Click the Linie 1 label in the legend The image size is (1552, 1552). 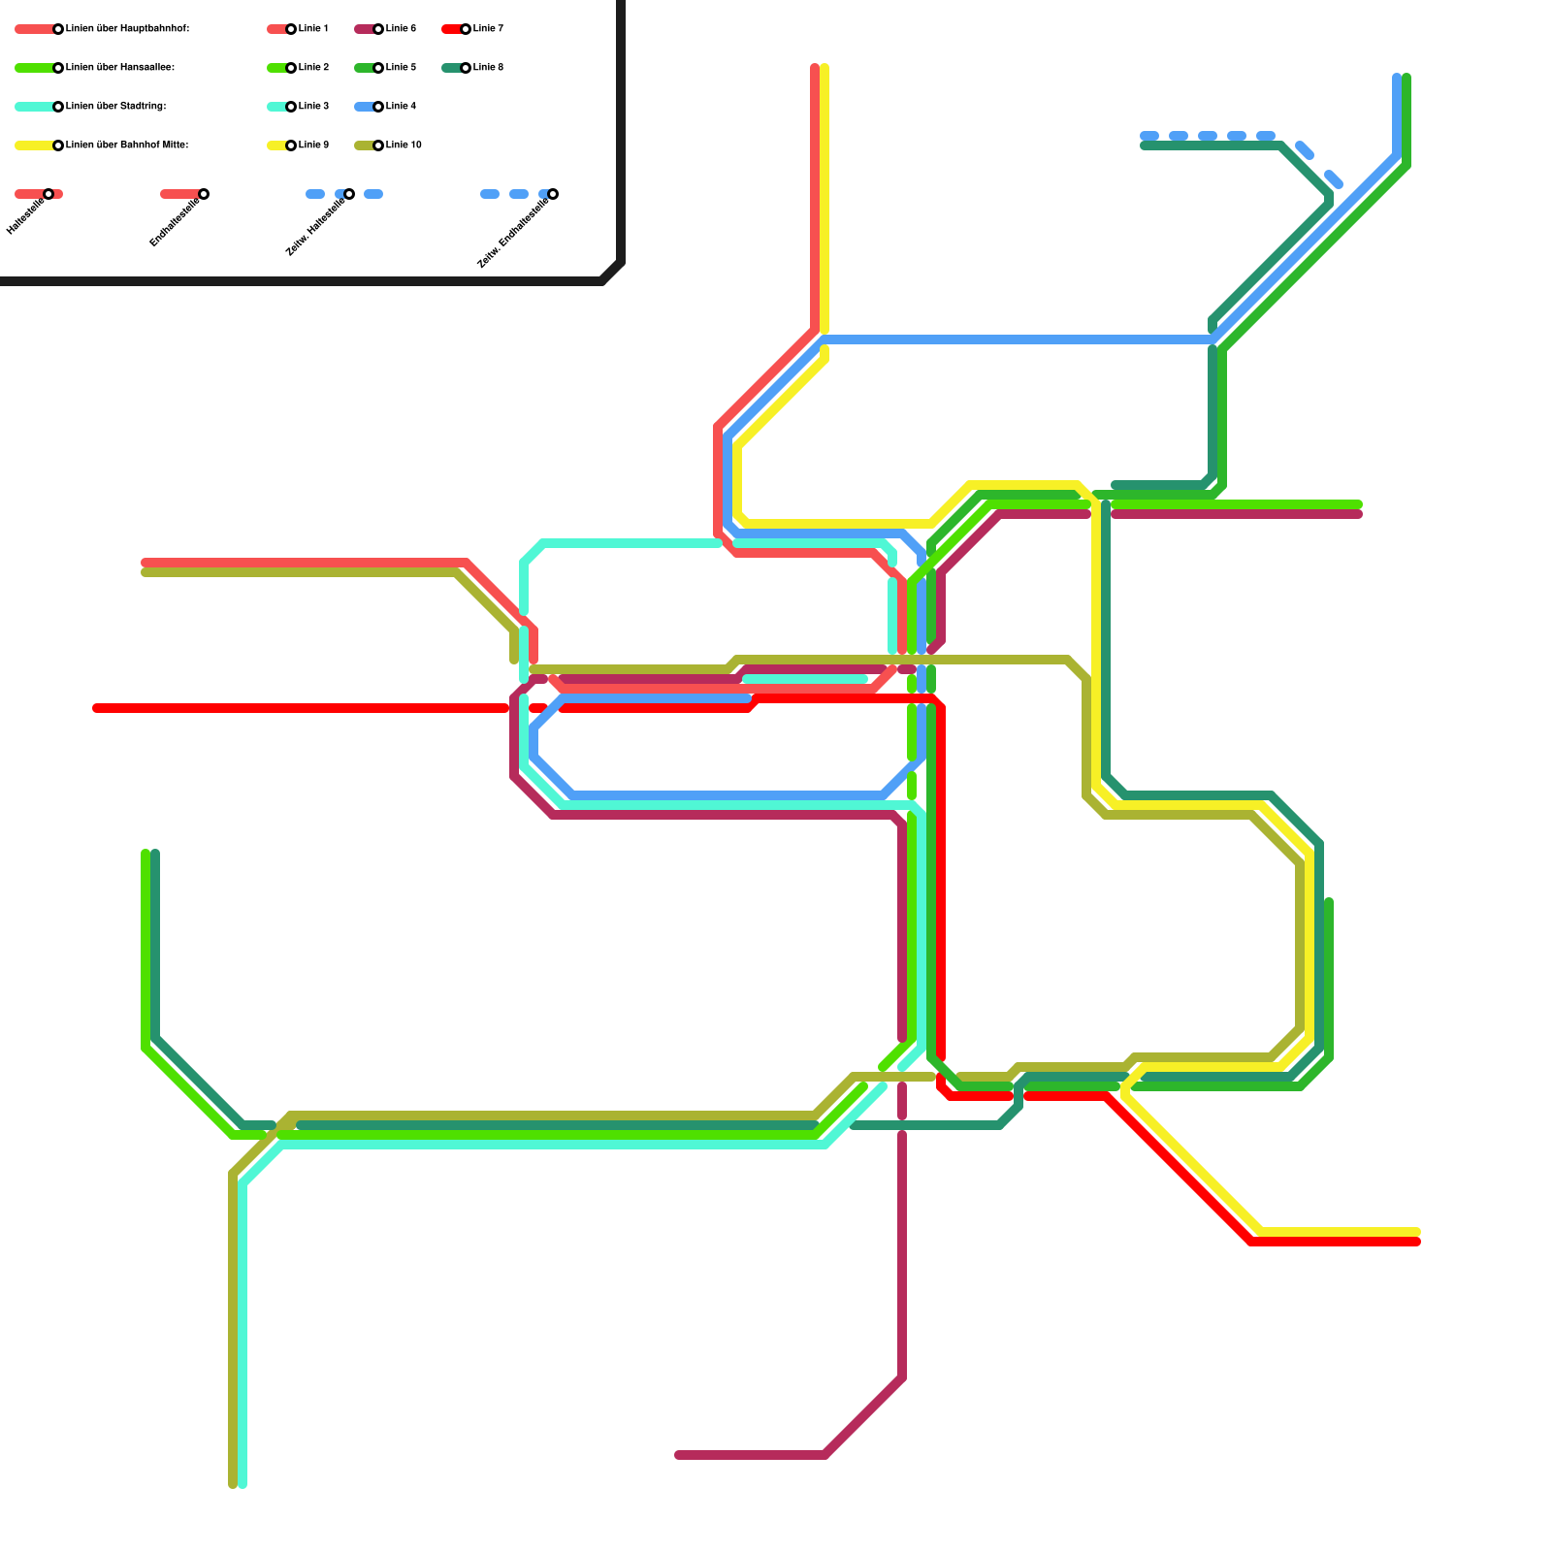313,29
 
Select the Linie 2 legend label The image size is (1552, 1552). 313,68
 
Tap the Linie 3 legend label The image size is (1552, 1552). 313,107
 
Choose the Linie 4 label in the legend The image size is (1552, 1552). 401,107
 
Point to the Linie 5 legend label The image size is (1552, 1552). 401,68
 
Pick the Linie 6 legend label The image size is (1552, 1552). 401,29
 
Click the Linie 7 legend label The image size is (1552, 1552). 488,29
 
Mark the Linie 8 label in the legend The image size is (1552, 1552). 488,68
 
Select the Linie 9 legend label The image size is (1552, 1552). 313,145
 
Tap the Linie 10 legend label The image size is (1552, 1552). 404,145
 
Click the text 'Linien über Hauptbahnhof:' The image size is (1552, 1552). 127,29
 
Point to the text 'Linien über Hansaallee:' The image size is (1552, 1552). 120,68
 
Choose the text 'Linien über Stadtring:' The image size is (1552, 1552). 115,107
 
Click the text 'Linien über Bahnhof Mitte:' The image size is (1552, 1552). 127,145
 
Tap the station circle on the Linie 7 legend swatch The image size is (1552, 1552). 466,29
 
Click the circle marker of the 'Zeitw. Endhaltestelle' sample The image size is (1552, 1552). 553,194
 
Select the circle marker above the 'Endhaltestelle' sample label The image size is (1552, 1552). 204,194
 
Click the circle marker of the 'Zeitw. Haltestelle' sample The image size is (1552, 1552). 349,194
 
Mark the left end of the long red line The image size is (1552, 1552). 97,708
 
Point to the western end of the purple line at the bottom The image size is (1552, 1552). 679,1455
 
